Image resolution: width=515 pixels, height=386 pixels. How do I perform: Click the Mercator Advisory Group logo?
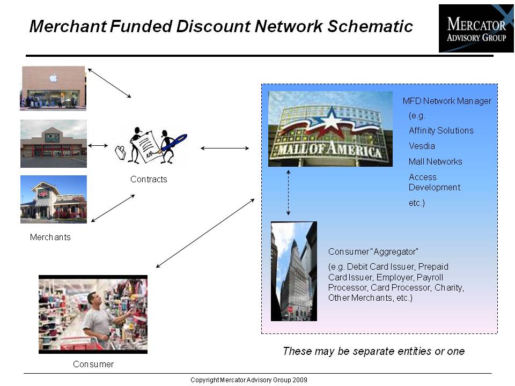click(476, 28)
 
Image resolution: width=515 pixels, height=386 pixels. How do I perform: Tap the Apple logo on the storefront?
click(53, 78)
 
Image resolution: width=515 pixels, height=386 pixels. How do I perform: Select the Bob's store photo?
click(54, 144)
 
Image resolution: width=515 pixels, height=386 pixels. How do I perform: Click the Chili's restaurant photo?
click(54, 199)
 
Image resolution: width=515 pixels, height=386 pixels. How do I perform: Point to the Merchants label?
click(50, 237)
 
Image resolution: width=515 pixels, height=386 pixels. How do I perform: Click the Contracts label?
click(149, 179)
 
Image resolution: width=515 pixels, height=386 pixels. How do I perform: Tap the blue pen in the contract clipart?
click(173, 143)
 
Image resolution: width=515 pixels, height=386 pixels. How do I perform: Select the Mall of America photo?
click(330, 129)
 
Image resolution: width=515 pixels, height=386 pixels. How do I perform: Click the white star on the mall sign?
click(331, 119)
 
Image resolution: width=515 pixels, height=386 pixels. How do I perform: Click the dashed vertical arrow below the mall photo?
click(289, 192)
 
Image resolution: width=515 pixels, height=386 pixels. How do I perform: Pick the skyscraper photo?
click(294, 271)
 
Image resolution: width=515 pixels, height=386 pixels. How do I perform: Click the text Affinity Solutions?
click(441, 131)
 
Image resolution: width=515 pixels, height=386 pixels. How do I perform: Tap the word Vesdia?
click(422, 146)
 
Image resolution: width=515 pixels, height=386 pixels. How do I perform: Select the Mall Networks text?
click(436, 161)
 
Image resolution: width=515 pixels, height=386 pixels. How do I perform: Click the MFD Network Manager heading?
click(447, 101)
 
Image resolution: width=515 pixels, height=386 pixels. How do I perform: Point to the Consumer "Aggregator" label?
click(373, 252)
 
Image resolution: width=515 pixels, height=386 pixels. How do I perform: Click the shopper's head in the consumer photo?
click(94, 299)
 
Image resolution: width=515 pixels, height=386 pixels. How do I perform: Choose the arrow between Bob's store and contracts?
click(98, 145)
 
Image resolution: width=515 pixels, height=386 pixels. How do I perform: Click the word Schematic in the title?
click(370, 26)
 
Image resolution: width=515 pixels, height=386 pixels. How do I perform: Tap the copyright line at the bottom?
click(249, 380)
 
